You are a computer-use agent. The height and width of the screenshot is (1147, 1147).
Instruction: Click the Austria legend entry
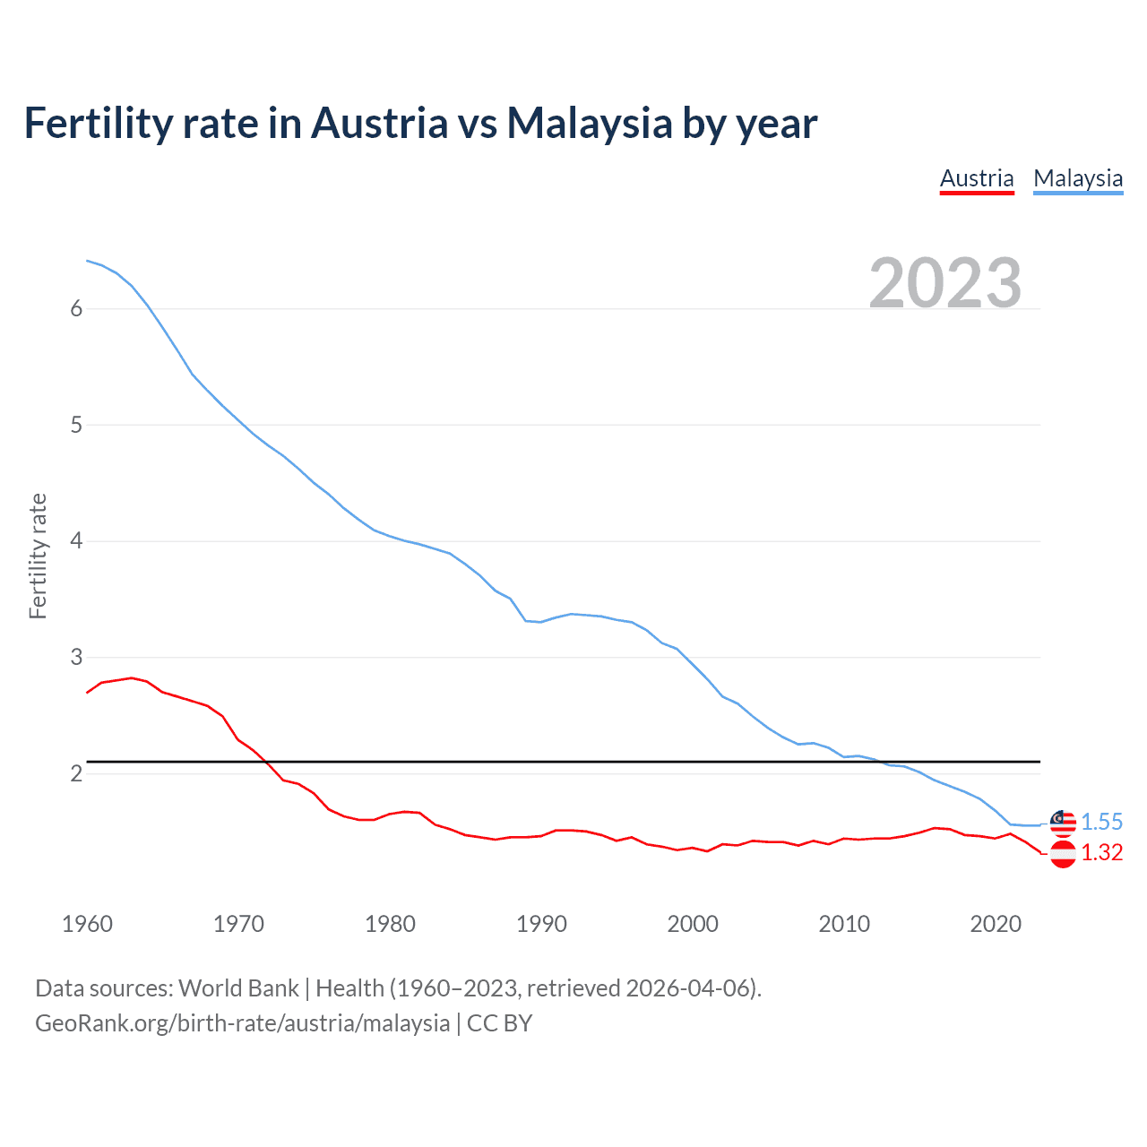tap(977, 178)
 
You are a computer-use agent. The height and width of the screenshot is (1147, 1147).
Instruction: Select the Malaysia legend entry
tap(1078, 178)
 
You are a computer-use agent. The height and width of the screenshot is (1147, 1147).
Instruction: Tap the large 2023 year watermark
tap(945, 283)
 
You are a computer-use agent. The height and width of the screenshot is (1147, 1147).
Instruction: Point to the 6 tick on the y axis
tap(76, 309)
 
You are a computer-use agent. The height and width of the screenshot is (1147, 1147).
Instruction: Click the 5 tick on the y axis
tap(76, 425)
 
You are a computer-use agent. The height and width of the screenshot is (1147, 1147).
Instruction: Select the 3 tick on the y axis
tap(76, 657)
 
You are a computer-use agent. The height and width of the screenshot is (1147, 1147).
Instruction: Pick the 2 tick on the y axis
tap(76, 773)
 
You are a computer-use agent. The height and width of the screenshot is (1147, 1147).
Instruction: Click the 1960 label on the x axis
tap(87, 924)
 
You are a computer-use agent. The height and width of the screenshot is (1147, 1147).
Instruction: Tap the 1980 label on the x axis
tap(390, 924)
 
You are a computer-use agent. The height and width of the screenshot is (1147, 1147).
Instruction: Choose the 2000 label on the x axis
tap(693, 924)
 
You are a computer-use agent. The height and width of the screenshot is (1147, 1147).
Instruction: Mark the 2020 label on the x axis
tap(996, 924)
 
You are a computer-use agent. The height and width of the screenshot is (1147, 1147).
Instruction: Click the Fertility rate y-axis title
tap(38, 556)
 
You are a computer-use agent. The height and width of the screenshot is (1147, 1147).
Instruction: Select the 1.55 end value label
tap(1101, 822)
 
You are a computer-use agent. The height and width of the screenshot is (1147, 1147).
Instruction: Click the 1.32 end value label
tap(1101, 852)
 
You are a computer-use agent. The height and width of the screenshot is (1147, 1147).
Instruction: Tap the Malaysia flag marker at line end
tap(1063, 823)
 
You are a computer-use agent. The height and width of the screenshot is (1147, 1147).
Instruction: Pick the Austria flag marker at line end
tap(1063, 854)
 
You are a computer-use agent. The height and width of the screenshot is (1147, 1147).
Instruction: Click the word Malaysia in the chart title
tap(589, 123)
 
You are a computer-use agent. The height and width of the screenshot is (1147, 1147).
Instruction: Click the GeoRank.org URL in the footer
tap(242, 1023)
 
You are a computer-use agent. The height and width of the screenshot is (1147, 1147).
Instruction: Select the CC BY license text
tap(500, 1023)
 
